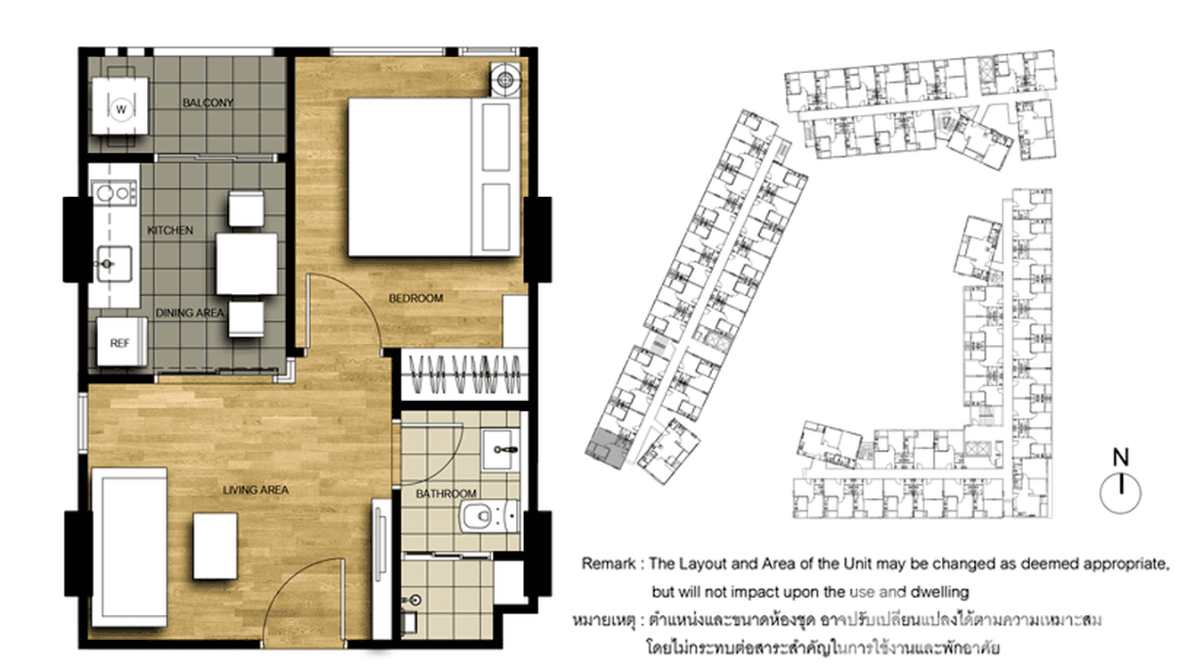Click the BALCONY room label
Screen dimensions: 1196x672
[x=208, y=102]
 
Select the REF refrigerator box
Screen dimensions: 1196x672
[x=122, y=342]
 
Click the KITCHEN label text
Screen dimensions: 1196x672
[x=170, y=230]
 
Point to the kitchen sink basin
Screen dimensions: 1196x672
[x=114, y=263]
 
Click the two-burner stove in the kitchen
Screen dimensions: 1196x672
[x=114, y=193]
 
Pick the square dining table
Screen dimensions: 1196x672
[x=247, y=264]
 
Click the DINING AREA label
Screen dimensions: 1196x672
[x=190, y=313]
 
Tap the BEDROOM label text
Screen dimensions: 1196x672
[x=416, y=299]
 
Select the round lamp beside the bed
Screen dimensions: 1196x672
[x=504, y=79]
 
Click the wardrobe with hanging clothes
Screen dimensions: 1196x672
[x=464, y=374]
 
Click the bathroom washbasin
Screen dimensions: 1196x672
[x=500, y=450]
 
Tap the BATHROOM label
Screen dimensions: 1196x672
[x=446, y=494]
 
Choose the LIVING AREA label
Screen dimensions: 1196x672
[x=256, y=489]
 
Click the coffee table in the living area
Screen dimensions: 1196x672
[x=215, y=546]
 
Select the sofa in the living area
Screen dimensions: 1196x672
[x=130, y=547]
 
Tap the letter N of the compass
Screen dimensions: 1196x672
[x=1121, y=457]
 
